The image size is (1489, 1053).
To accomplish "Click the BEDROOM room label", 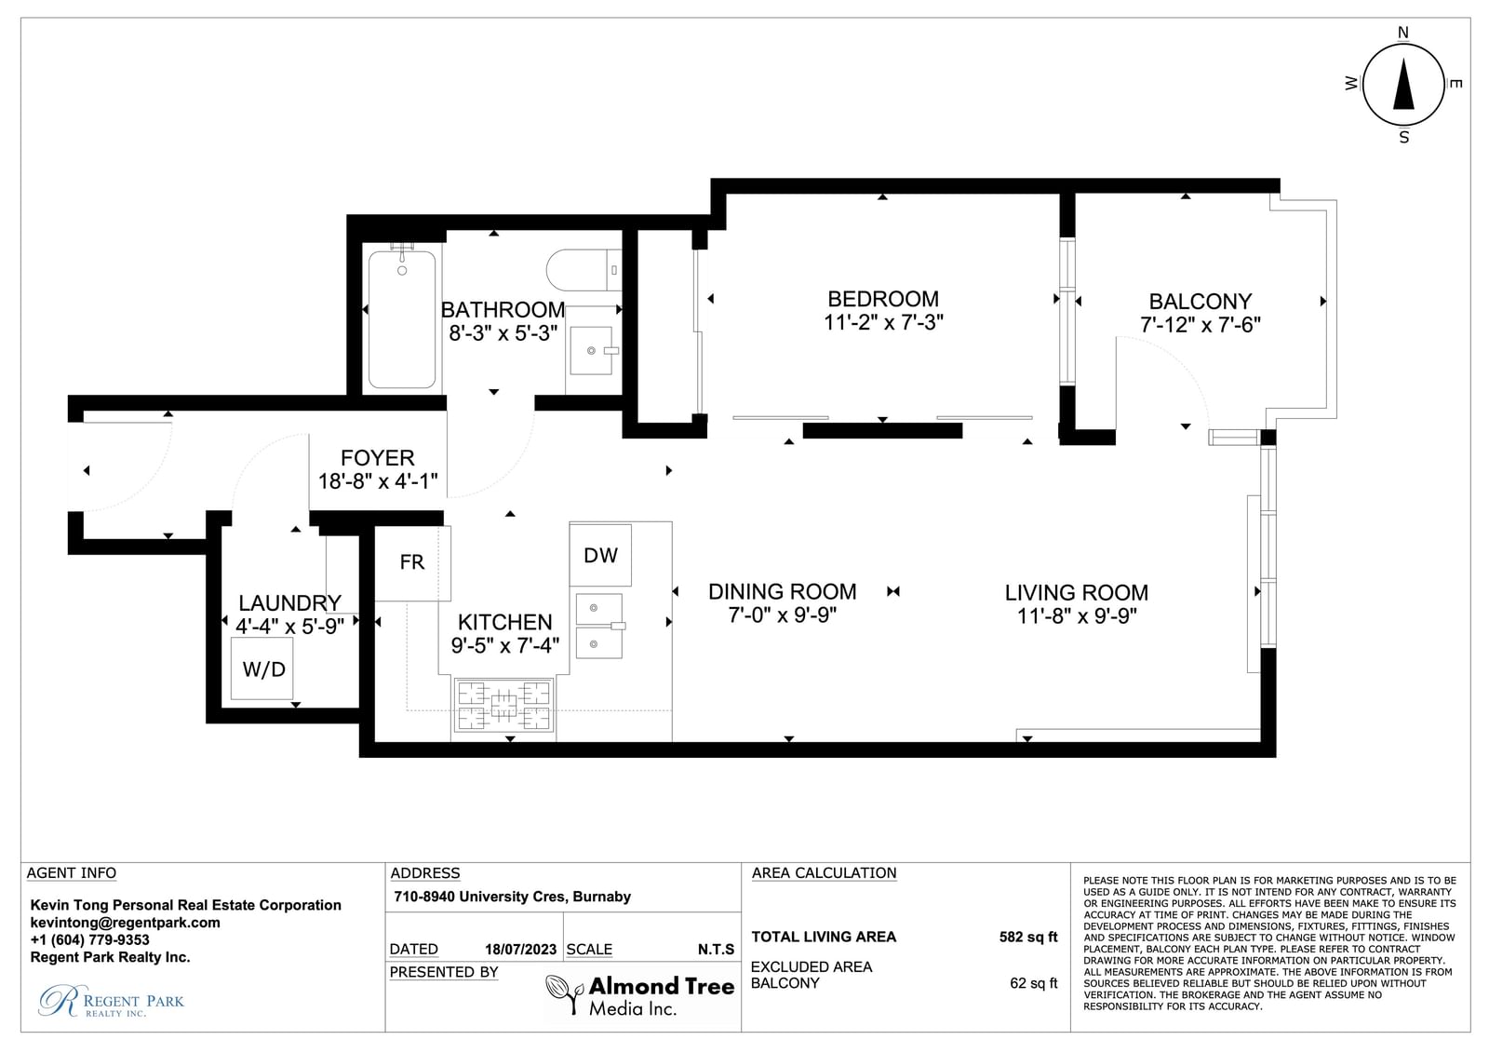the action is (883, 299).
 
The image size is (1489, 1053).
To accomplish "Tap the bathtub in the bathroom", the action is (402, 318).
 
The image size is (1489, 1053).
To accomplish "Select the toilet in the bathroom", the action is (583, 270).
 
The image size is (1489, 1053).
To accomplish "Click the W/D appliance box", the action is (262, 668).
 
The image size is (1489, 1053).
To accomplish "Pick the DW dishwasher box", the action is (600, 555).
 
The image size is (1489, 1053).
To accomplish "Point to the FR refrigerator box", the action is (413, 562).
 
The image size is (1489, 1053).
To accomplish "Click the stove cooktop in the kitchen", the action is (503, 705).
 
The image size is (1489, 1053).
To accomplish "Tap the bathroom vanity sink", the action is (591, 351).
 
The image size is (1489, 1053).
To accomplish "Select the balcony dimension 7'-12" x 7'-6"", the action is (1200, 325).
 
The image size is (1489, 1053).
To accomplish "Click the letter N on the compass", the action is (1403, 33).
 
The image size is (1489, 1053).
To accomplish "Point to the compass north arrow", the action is (1403, 84).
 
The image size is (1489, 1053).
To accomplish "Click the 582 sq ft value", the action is (1027, 938).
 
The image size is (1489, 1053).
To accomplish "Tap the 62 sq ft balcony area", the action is (1033, 983).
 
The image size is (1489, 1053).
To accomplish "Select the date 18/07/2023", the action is (520, 950).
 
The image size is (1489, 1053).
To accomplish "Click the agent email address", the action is (125, 923).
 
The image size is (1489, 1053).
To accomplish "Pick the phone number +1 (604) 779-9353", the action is (89, 940).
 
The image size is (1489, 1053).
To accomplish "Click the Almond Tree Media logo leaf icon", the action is (564, 994).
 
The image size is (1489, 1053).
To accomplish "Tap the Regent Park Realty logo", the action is (111, 1001).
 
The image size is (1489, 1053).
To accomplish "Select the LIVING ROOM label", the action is (1076, 593).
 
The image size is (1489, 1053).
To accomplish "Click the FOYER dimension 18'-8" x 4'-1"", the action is (378, 481).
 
